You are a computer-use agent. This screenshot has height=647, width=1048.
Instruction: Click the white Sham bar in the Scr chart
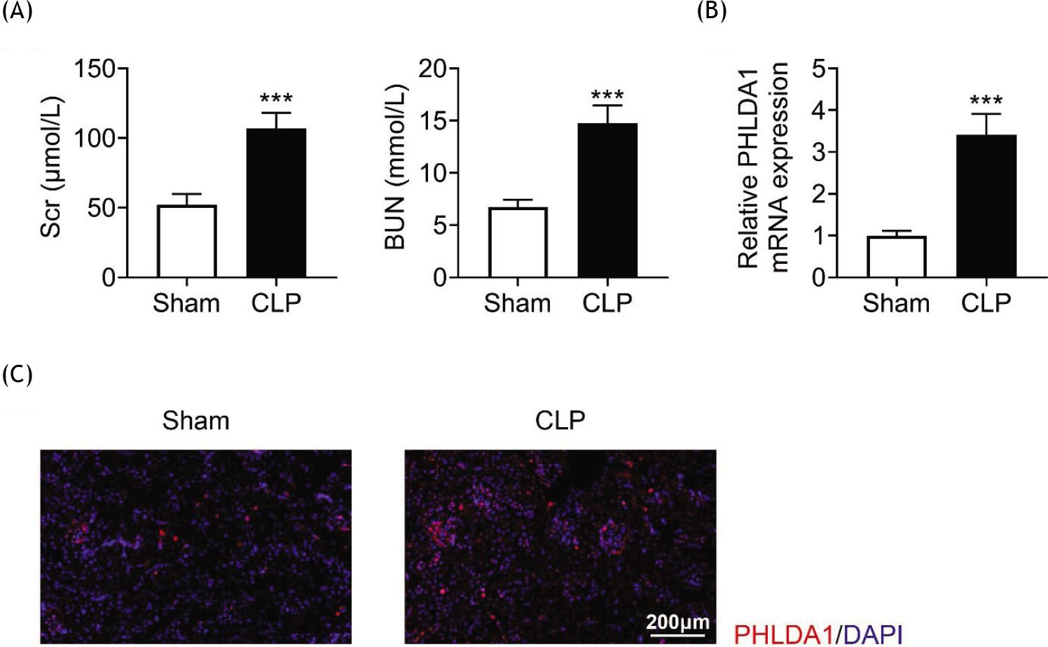(x=186, y=241)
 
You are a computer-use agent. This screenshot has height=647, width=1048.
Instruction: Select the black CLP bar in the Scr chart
(x=276, y=203)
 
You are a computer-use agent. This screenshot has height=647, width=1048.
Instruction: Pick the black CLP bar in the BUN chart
(x=607, y=200)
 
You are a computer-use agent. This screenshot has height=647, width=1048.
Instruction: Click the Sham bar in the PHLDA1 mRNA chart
(x=897, y=257)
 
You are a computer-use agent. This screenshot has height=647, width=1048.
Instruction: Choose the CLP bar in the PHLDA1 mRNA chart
(x=986, y=207)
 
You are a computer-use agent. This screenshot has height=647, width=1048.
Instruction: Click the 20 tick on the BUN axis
(x=433, y=69)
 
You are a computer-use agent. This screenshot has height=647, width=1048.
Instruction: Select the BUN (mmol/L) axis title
(x=396, y=168)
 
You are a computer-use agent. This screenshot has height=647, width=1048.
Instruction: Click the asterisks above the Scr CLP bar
(x=276, y=99)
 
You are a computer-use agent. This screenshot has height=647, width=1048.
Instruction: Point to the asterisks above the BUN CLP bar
(x=607, y=95)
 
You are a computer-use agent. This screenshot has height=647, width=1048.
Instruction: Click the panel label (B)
(x=712, y=12)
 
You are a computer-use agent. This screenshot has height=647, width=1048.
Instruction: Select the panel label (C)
(x=18, y=375)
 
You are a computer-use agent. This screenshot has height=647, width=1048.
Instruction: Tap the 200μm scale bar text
(x=677, y=622)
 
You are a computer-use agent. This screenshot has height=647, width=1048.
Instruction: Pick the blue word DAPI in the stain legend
(x=874, y=634)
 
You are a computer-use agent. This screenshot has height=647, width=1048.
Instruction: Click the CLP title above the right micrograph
(x=560, y=421)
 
